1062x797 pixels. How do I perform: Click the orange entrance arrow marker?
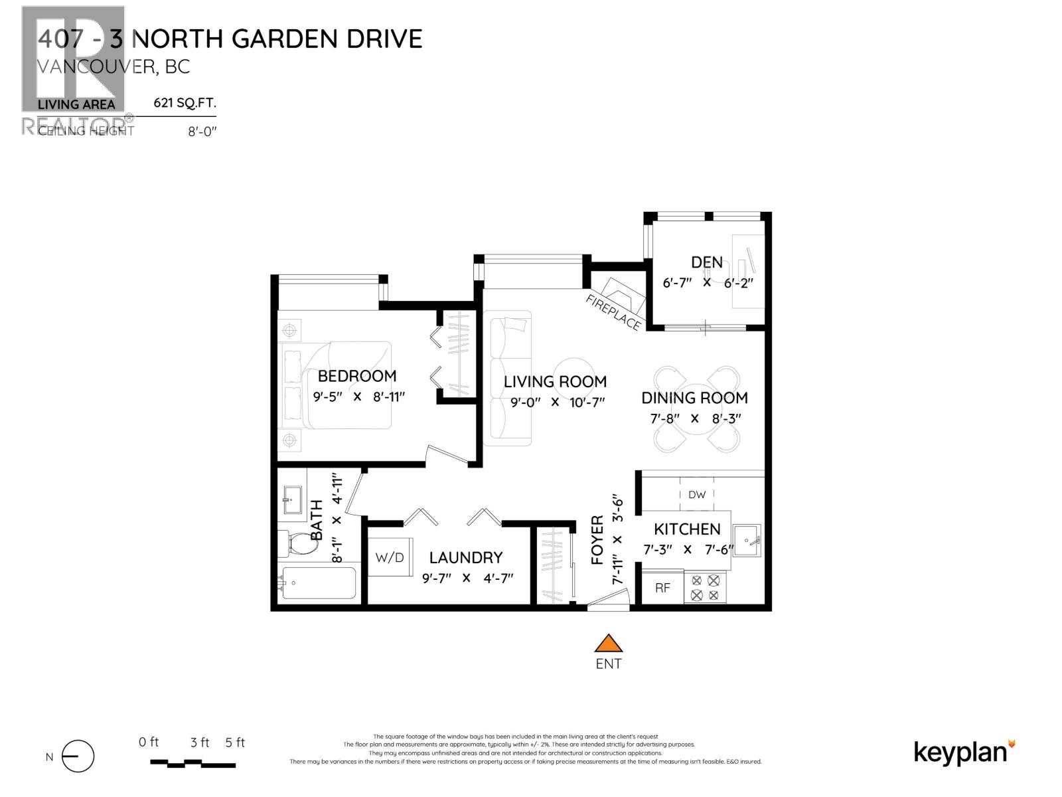[608, 644]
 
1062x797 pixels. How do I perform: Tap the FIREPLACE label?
[613, 312]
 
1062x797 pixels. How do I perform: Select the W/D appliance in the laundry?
[390, 557]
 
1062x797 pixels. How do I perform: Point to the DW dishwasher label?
[697, 494]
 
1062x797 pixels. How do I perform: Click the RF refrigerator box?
[662, 587]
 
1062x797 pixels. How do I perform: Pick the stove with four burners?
[705, 587]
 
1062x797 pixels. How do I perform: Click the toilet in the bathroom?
[297, 545]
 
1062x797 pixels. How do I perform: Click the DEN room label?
[707, 262]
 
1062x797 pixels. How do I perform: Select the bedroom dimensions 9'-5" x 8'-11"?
[358, 397]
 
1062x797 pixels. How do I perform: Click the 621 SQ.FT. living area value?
[185, 103]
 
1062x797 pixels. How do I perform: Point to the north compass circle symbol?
[78, 756]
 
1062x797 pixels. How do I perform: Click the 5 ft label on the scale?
[235, 743]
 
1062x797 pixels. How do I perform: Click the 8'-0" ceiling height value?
[202, 132]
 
